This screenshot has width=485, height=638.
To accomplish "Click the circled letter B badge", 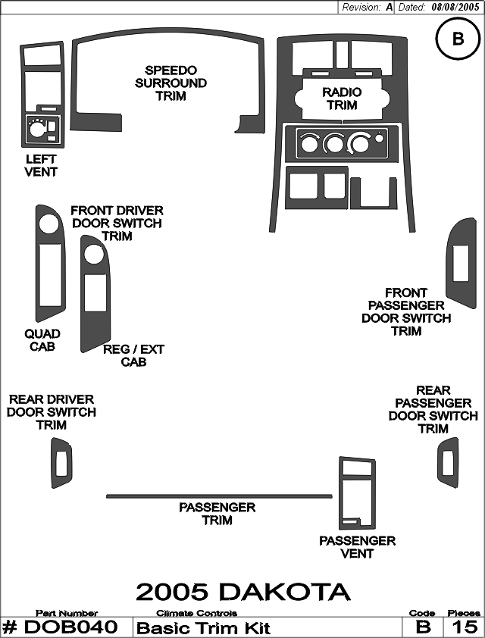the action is [x=458, y=39].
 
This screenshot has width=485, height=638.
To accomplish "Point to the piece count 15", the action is [x=465, y=627].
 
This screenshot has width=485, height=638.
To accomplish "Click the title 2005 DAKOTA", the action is [x=243, y=592].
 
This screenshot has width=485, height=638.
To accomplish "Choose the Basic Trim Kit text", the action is [x=203, y=628].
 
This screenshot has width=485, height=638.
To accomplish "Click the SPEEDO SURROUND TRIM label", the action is [x=171, y=83].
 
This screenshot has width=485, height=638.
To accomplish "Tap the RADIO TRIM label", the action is [x=342, y=99].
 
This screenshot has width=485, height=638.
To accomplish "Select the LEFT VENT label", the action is [x=41, y=165].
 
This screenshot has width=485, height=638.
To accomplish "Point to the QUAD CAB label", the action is [x=42, y=340].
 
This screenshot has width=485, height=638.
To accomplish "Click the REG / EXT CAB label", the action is [x=133, y=355].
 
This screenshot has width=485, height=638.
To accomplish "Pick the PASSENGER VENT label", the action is [x=357, y=547].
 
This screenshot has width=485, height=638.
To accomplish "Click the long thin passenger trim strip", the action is [x=219, y=496].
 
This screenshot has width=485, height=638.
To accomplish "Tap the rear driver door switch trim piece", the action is [x=61, y=463].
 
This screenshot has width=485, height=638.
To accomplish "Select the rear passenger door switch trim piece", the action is [x=448, y=463].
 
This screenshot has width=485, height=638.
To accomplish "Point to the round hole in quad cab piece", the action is [x=48, y=224].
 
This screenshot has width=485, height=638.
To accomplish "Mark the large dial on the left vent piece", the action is [x=36, y=130].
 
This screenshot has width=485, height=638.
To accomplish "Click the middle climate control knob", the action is [x=334, y=144].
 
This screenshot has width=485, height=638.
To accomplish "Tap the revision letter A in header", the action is [x=389, y=7].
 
